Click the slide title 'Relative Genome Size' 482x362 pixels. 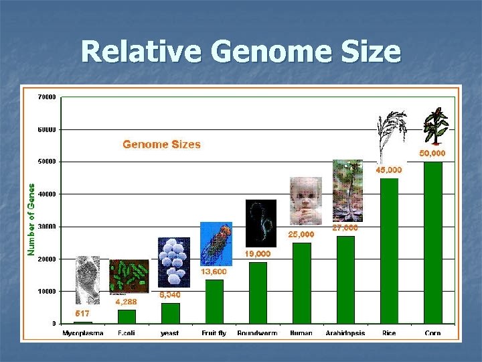241,52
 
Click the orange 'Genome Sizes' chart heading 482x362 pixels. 161,144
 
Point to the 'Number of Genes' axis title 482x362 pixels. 31,219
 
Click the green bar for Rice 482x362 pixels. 389,250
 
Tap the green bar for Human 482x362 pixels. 302,283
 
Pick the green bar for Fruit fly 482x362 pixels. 214,302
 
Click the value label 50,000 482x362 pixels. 432,154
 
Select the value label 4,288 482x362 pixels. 127,302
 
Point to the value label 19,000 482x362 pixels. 258,254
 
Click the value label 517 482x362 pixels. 82,313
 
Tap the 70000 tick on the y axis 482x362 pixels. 47,97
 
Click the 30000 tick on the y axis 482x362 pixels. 47,227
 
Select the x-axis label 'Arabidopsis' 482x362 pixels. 345,333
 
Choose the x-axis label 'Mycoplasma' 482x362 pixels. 83,333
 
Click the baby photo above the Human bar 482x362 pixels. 305,200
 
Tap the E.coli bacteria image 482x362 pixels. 129,276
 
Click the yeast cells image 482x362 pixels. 173,262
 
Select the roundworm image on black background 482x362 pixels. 260,223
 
